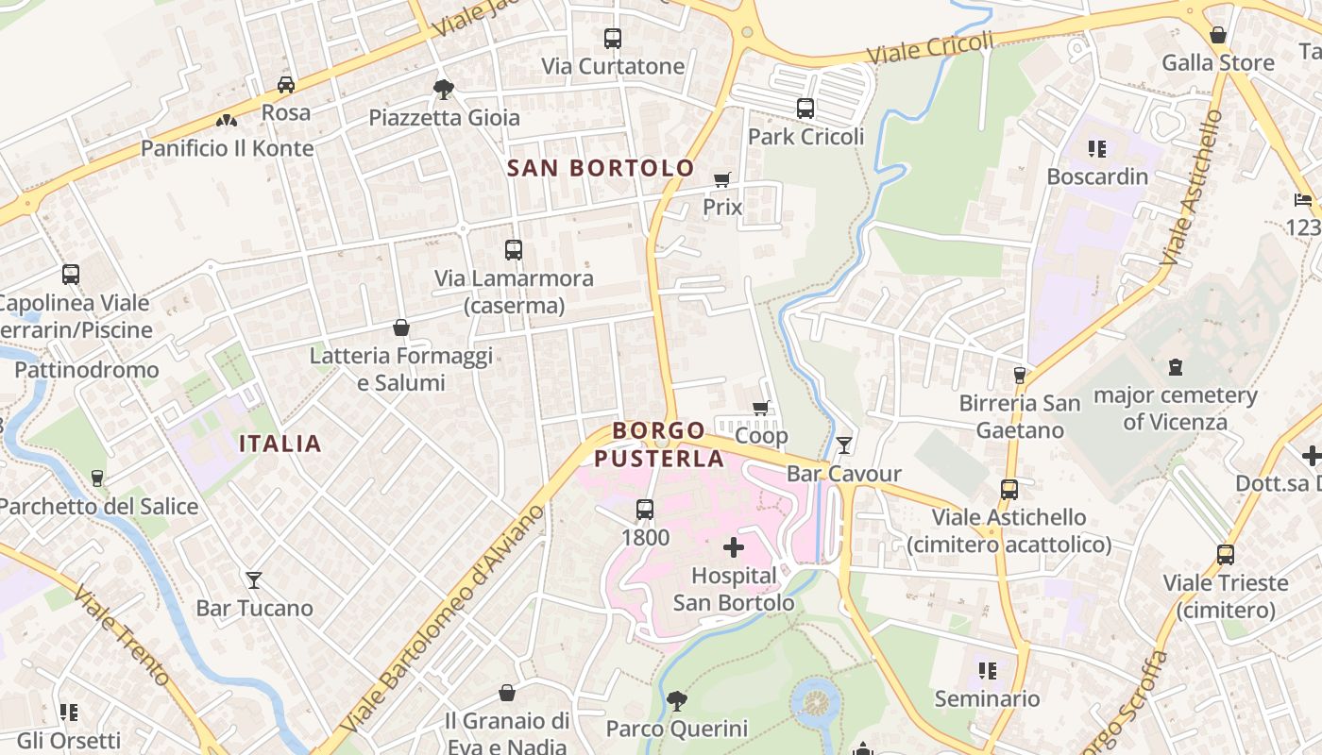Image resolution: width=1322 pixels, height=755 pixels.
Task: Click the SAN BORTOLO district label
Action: (x=601, y=168)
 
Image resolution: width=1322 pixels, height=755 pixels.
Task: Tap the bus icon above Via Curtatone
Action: (x=613, y=39)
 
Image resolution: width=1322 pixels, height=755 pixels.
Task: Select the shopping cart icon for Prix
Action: (x=722, y=179)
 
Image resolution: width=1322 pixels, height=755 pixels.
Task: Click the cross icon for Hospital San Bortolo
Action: (x=734, y=547)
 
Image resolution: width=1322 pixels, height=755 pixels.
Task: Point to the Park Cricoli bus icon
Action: (x=805, y=109)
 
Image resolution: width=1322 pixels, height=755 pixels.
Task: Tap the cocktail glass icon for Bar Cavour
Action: (x=844, y=445)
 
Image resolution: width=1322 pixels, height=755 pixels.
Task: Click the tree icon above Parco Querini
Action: (x=676, y=701)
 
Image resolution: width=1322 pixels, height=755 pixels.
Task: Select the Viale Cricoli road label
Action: (x=930, y=48)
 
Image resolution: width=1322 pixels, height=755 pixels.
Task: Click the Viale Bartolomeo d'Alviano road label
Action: (x=443, y=618)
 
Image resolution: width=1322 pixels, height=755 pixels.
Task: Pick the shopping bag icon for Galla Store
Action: (x=1218, y=35)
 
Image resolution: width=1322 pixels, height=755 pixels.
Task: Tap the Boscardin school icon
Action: (x=1096, y=148)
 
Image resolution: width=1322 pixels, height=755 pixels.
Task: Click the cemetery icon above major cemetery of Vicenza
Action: (x=1176, y=367)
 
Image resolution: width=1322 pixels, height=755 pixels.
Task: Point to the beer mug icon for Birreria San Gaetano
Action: (x=1019, y=376)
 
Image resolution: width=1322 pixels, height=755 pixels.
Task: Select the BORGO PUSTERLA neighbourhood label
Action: (x=659, y=445)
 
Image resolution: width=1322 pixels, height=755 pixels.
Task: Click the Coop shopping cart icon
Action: (x=761, y=408)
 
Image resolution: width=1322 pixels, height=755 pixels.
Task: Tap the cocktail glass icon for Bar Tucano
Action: (x=254, y=579)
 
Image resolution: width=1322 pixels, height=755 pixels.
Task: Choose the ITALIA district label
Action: (x=280, y=444)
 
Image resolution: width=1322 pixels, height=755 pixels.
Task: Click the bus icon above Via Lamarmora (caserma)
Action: (x=514, y=250)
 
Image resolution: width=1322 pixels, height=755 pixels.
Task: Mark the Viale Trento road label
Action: (x=122, y=636)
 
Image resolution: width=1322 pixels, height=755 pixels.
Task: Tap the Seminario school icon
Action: (x=988, y=671)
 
